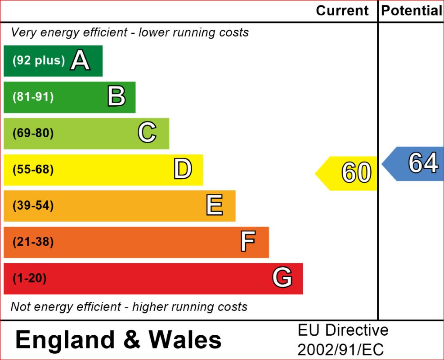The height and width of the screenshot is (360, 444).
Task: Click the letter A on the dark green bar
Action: coord(80,61)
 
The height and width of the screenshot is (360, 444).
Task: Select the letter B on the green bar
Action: coord(116,97)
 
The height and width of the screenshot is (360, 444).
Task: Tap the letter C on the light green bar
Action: coord(147,133)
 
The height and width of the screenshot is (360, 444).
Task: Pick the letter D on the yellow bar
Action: coord(183,170)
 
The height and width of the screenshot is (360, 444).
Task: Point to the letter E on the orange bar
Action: coord(214,206)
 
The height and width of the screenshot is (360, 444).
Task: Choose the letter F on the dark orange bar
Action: coord(248,242)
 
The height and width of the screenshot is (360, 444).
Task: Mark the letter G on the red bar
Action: coord(282,278)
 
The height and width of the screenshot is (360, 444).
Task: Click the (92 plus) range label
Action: coord(39,61)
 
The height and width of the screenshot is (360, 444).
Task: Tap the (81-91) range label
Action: coord(33,97)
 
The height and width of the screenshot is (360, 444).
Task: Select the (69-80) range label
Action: coord(33,134)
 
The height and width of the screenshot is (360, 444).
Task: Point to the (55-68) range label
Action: coord(33,170)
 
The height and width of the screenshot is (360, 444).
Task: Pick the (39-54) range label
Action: coord(33,206)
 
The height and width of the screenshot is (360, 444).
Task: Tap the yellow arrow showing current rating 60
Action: coord(349,173)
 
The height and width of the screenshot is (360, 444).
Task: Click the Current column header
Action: coord(342,11)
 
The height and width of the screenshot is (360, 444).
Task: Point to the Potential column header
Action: coord(411,11)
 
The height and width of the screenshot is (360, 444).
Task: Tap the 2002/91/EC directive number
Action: coord(341,350)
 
